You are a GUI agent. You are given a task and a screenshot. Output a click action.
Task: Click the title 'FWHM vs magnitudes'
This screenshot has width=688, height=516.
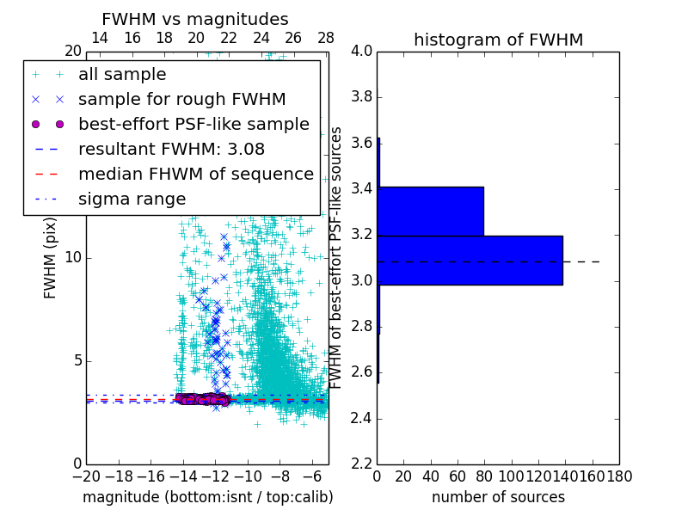195,19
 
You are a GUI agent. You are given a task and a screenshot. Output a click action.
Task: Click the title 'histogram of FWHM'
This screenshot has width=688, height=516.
498,40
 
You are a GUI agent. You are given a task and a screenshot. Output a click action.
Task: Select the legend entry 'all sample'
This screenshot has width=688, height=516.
122,75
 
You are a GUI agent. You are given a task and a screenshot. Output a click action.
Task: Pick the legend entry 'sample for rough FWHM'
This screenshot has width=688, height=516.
181,100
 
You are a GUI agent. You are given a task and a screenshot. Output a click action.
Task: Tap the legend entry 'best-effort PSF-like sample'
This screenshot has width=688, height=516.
193,125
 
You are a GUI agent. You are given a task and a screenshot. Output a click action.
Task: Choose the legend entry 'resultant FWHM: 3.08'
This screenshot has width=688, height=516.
171,150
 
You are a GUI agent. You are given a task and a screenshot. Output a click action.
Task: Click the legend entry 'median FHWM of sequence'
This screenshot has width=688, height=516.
195,175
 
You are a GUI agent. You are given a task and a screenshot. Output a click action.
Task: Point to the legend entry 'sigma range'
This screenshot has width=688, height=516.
132,200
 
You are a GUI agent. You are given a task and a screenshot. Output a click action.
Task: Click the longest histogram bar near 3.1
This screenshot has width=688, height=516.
470,260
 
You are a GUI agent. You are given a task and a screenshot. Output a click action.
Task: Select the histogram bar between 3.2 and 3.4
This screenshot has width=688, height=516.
430,211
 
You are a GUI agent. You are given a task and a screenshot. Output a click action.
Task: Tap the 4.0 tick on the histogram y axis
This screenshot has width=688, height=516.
362,51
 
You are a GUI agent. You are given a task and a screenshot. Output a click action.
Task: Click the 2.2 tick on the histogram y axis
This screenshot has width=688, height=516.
362,464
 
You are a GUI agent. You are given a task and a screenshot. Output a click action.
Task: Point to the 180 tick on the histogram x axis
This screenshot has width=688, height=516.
619,476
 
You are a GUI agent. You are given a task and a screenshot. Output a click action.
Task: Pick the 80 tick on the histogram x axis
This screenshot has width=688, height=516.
484,476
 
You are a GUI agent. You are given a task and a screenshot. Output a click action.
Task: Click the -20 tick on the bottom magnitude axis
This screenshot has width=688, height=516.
86,476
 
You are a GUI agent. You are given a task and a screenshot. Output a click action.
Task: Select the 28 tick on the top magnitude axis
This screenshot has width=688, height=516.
326,38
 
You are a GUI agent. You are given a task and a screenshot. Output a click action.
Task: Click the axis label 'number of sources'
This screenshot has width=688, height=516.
498,497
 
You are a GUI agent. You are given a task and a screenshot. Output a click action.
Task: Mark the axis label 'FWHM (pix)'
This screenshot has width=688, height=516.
51,258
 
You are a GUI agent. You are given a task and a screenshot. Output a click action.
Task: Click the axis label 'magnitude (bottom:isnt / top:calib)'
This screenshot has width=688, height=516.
207,497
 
